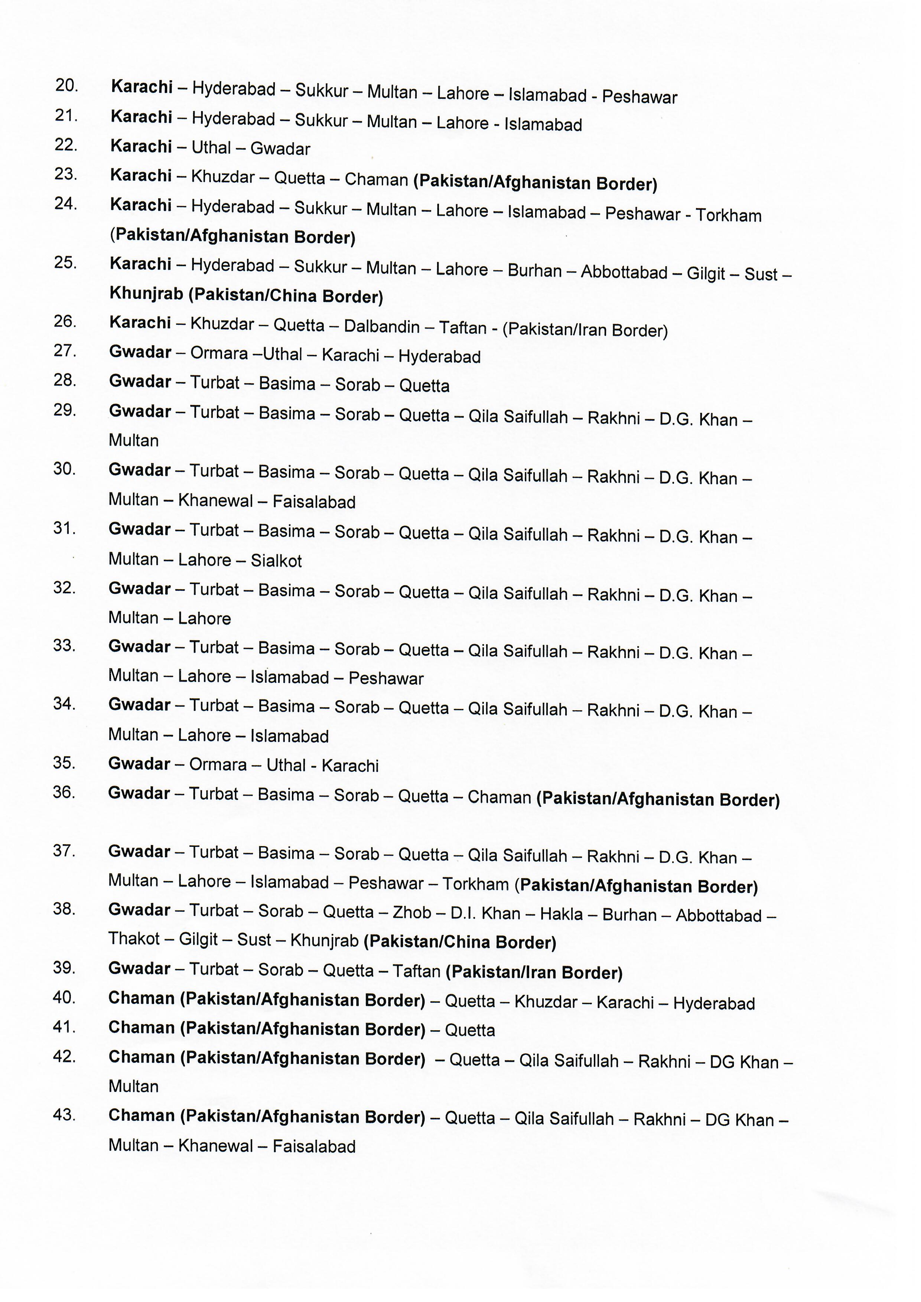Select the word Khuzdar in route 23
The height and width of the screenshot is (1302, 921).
pos(222,177)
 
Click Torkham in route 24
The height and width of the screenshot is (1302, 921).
pos(728,215)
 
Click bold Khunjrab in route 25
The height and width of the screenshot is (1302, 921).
pos(146,294)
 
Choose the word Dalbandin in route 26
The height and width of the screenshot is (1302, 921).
pos(382,327)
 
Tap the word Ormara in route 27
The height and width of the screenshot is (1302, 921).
pos(219,353)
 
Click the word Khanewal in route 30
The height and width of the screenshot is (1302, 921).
pos(215,500)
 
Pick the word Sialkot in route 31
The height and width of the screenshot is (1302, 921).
pos(276,561)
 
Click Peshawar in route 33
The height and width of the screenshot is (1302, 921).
pos(385,679)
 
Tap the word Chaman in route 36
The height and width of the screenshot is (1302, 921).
pos(499,797)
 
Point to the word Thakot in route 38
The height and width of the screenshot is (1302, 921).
pos(134,939)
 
